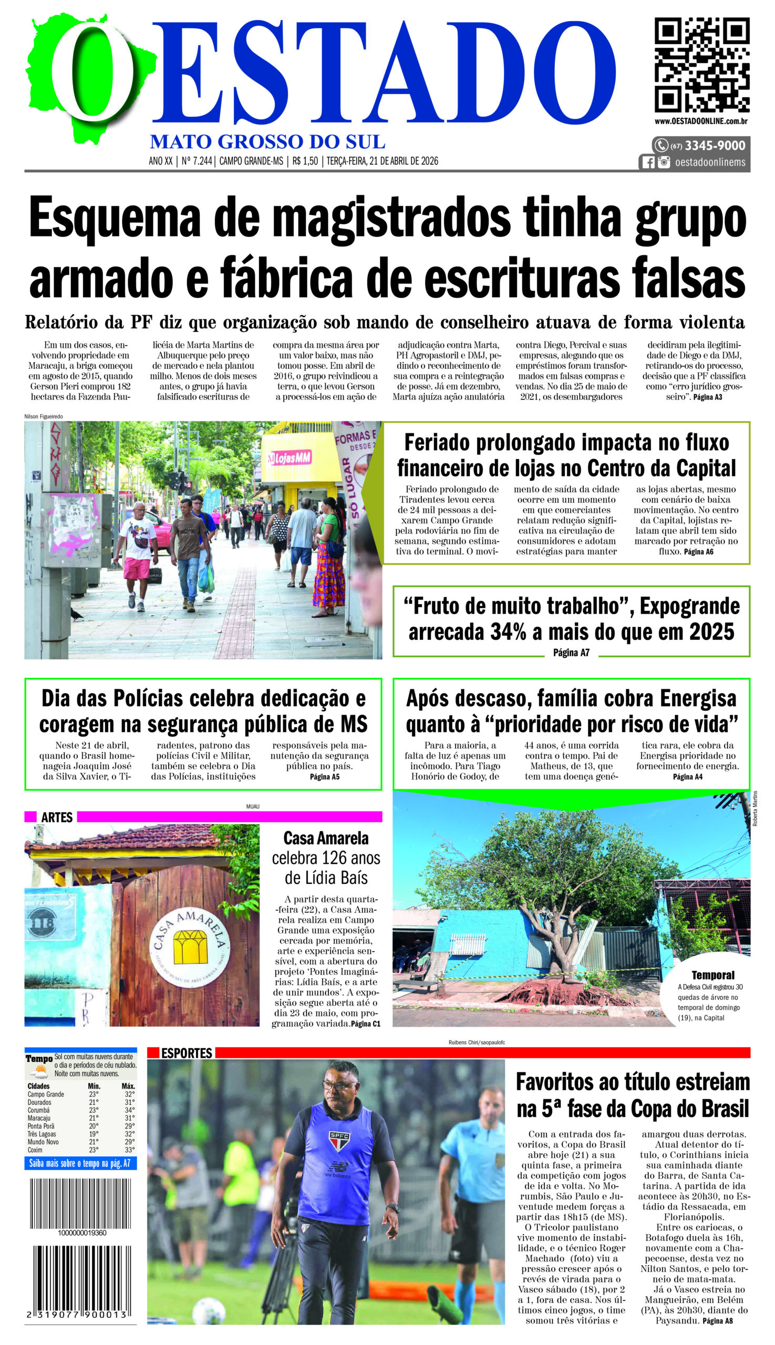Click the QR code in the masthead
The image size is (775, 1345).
pyautogui.click(x=701, y=65)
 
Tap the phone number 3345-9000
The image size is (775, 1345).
pyautogui.click(x=715, y=146)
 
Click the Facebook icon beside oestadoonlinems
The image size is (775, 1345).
pyautogui.click(x=648, y=162)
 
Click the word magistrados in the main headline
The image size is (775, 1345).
pyautogui.click(x=391, y=218)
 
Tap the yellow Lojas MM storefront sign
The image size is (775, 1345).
pyautogui.click(x=290, y=458)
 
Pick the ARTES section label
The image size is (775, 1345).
pyautogui.click(x=56, y=817)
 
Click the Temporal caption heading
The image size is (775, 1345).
pyautogui.click(x=712, y=975)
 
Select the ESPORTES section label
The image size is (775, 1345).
pyautogui.click(x=187, y=1053)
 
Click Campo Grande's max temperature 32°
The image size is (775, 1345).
pyautogui.click(x=129, y=1094)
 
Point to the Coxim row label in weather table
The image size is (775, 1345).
pyautogui.click(x=35, y=1150)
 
